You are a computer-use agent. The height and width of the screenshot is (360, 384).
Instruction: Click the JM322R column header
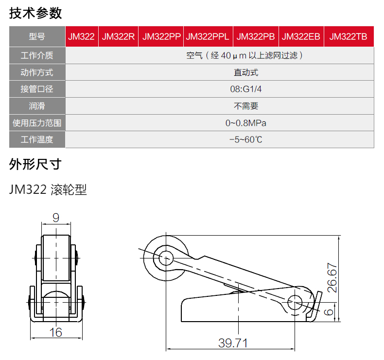118,36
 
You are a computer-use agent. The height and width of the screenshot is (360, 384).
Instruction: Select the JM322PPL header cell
208,36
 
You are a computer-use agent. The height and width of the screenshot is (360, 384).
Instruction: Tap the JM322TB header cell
349,36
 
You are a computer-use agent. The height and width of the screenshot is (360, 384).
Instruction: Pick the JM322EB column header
301,36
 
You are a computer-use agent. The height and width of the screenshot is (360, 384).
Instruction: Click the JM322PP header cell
161,36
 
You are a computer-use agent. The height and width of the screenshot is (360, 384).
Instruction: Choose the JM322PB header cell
256,36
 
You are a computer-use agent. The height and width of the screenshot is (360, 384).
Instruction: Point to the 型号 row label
37,36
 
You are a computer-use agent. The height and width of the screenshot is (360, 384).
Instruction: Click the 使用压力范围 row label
37,123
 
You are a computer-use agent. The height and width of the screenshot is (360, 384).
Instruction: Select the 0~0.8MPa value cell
245,123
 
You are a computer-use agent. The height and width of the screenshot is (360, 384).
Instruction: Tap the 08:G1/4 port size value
245,89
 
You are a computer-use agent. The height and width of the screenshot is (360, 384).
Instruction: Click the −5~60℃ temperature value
245,140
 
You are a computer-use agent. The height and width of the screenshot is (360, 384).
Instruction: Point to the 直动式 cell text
246,72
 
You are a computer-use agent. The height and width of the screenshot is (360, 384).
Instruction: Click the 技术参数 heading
35,13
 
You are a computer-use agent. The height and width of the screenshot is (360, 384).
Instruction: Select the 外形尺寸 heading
35,164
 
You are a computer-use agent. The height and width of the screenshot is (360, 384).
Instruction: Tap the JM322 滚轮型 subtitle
48,189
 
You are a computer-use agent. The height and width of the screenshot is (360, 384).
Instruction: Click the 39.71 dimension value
233,343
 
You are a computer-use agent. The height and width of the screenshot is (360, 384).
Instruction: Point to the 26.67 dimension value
332,278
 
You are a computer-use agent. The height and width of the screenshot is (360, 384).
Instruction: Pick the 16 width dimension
55,332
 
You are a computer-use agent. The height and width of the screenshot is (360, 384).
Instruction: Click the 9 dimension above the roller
56,218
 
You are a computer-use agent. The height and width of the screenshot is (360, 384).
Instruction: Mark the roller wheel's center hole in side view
166,258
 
